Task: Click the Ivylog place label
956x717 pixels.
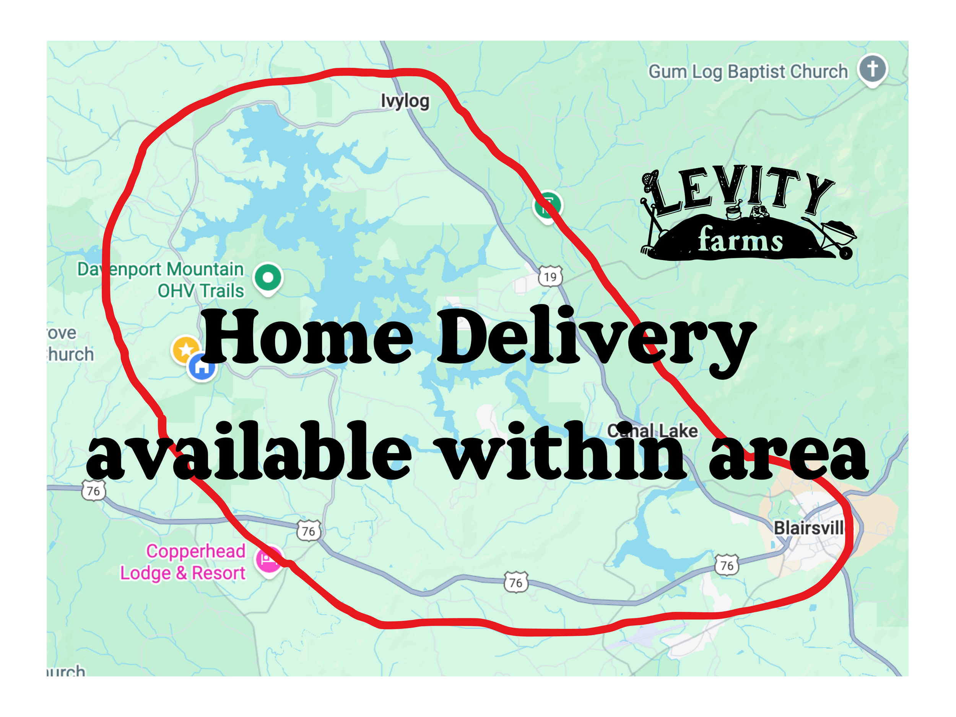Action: (405, 101)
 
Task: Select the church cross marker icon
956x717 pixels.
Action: (872, 69)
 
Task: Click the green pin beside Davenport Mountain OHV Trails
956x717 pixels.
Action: (268, 278)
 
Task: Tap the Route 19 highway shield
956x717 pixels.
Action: (550, 276)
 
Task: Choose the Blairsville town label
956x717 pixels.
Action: (808, 528)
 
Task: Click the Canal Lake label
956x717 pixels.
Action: (653, 431)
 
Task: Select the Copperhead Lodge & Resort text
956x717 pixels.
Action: (183, 562)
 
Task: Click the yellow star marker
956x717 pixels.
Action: (185, 349)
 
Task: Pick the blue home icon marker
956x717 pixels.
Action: (202, 367)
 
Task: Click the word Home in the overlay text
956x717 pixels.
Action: (307, 337)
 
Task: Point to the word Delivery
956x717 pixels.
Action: (597, 339)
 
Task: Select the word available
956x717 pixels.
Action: (249, 452)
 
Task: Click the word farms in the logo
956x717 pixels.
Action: (740, 240)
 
